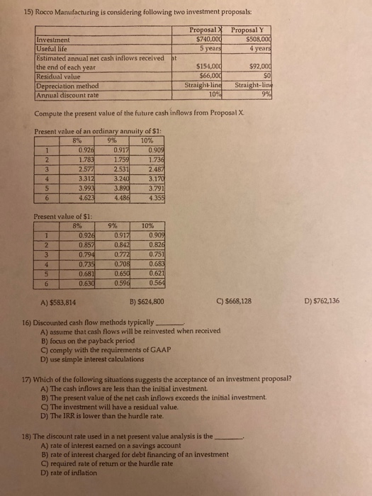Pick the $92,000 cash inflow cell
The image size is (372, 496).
click(248, 65)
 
